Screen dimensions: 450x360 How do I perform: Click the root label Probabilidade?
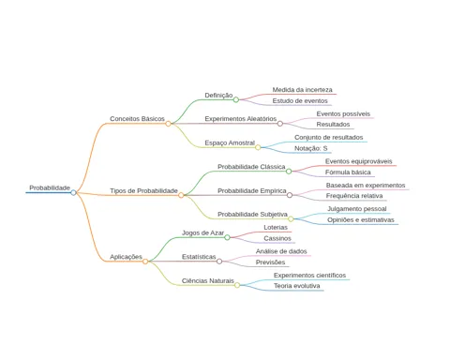point(50,187)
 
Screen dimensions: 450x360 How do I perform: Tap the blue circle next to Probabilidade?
point(73,192)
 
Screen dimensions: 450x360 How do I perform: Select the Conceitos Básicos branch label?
point(137,119)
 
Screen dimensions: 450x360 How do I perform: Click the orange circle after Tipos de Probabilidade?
point(181,195)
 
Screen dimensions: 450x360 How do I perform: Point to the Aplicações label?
point(126,257)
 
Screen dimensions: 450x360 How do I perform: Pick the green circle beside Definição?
point(236,99)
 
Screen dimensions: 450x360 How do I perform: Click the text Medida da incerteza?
point(302,90)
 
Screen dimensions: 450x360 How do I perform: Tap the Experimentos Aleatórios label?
point(241,119)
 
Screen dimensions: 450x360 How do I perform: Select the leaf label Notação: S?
point(311,148)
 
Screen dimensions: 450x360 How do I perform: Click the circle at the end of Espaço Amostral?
point(258,147)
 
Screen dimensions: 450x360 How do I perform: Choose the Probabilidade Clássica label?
point(251,167)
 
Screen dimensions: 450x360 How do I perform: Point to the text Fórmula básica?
point(348,172)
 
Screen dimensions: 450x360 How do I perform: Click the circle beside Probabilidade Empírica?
point(290,195)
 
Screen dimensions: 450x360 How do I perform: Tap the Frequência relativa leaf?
point(354,196)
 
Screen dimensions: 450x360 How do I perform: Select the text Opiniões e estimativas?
point(361,220)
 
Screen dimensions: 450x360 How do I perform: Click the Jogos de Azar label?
point(202,233)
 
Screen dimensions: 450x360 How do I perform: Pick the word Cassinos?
point(277,238)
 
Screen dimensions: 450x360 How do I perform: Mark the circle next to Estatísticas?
point(219,262)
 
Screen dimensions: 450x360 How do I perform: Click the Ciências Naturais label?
point(208,281)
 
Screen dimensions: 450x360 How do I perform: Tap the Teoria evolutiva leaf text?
point(297,286)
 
